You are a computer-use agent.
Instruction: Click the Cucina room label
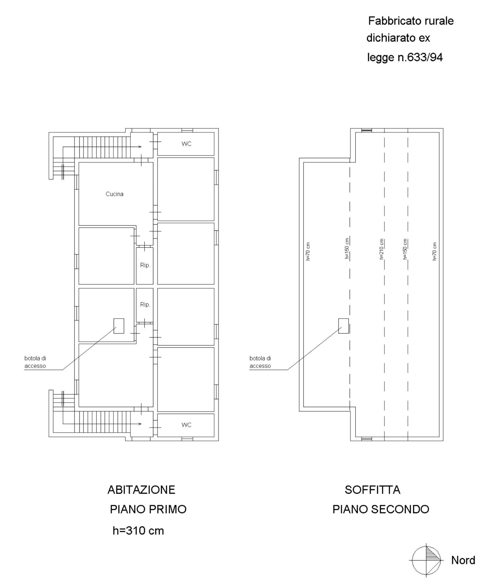coord(114,194)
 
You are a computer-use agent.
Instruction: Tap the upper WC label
coord(186,144)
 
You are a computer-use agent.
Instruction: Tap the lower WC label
coord(186,425)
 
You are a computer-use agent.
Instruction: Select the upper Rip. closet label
coord(145,265)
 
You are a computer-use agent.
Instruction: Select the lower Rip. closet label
coord(145,304)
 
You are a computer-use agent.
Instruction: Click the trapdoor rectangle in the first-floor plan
coord(119,326)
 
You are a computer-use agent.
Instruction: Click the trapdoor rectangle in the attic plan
coord(343,326)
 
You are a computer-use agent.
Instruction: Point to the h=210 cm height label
coord(382,249)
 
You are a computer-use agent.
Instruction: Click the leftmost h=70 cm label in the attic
coord(308,251)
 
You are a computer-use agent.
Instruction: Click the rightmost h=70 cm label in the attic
coord(434,251)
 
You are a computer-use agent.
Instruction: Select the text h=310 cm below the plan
coord(138,531)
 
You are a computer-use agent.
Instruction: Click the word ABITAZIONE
coord(141,490)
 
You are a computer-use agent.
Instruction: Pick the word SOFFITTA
coord(372,490)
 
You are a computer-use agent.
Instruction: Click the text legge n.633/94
coord(405,57)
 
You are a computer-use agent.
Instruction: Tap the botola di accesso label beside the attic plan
coord(260,362)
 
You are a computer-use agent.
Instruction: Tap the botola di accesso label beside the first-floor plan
coord(35,362)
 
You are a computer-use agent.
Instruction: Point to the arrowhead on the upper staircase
coord(140,147)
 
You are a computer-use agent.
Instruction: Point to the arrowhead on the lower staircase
coord(140,424)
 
